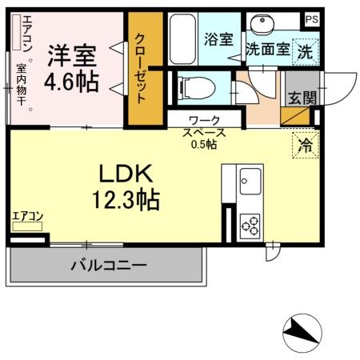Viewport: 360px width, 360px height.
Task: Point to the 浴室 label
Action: (x=218, y=38)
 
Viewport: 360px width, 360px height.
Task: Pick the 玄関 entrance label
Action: (x=302, y=97)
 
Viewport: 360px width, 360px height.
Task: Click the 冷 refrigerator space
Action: (x=305, y=146)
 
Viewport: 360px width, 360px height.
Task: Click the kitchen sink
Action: (x=249, y=181)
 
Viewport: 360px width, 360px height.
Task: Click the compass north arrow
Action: (x=302, y=330)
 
